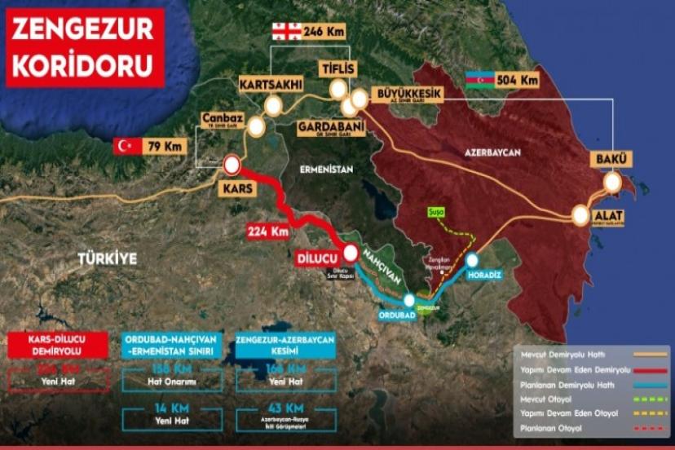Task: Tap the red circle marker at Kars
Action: point(232,166)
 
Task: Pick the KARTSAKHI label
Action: point(271,84)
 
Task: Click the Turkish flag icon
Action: point(125,147)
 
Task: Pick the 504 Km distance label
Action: point(518,80)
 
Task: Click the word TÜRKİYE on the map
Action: point(106,258)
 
